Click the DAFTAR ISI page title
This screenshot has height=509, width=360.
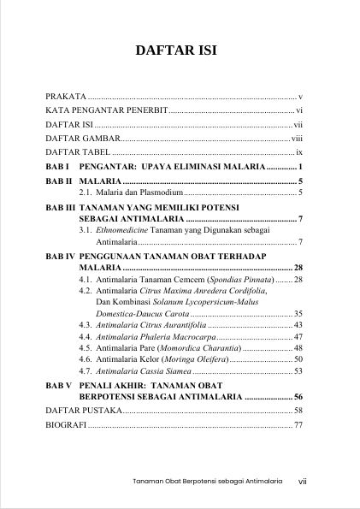click(180, 51)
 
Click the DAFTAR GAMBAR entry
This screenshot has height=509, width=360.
click(82, 137)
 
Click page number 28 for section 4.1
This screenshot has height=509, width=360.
click(298, 280)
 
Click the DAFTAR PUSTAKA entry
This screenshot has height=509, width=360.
click(85, 411)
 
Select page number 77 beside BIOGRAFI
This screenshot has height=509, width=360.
click(298, 425)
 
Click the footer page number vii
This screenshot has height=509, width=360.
click(302, 481)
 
